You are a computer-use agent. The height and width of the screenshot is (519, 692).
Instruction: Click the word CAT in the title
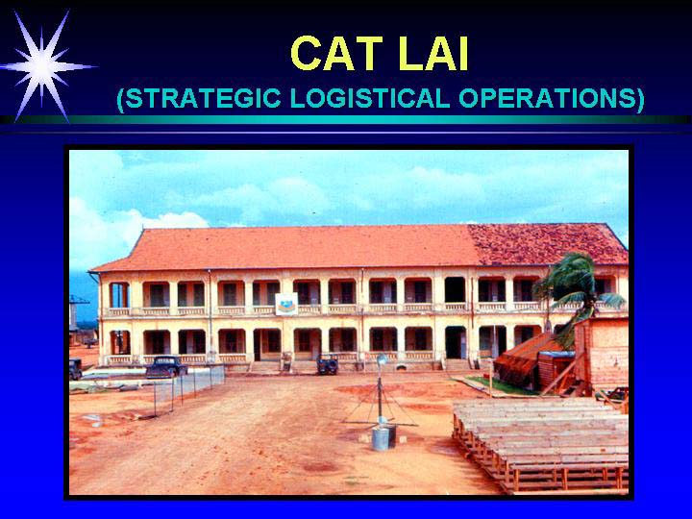pos(337,54)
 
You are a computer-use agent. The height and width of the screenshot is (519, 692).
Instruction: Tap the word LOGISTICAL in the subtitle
pos(370,98)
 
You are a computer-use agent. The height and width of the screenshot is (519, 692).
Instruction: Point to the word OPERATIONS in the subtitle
pos(547,98)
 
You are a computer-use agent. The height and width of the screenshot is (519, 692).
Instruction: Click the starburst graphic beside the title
pos(42,66)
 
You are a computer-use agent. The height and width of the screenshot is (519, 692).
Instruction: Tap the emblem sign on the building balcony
pos(286,304)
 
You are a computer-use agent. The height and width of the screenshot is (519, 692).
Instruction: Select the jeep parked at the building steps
pos(328,365)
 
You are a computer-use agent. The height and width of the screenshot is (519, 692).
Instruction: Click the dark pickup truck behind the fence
pos(166,367)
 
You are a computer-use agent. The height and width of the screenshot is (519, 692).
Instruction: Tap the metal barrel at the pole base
pos(381,438)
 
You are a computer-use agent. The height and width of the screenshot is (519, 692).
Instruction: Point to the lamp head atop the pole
pos(382,359)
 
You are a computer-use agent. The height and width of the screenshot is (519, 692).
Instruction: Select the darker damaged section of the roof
pos(547,244)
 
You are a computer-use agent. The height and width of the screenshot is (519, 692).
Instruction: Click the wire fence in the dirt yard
pos(189,388)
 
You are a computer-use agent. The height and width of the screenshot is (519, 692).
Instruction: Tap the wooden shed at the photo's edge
pos(601,354)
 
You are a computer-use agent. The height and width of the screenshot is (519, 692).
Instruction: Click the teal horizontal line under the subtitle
pos(346,119)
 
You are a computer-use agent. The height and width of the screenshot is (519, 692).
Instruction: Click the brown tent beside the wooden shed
pos(525,358)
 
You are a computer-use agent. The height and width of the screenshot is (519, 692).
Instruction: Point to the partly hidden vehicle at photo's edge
pos(76,369)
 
